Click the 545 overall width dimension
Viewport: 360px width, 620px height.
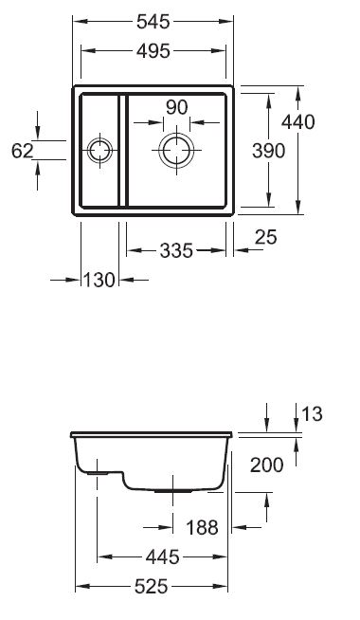click(153, 22)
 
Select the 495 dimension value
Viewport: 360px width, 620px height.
click(153, 51)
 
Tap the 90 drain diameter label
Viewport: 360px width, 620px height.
click(176, 107)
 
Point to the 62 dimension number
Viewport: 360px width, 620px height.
click(22, 151)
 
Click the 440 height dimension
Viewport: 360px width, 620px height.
click(298, 122)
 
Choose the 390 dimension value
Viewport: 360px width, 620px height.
click(268, 151)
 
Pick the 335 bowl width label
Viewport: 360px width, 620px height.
click(176, 250)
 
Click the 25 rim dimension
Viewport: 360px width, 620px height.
click(266, 237)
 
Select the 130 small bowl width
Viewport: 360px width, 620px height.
click(99, 280)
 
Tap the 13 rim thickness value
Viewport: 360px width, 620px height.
click(313, 414)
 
